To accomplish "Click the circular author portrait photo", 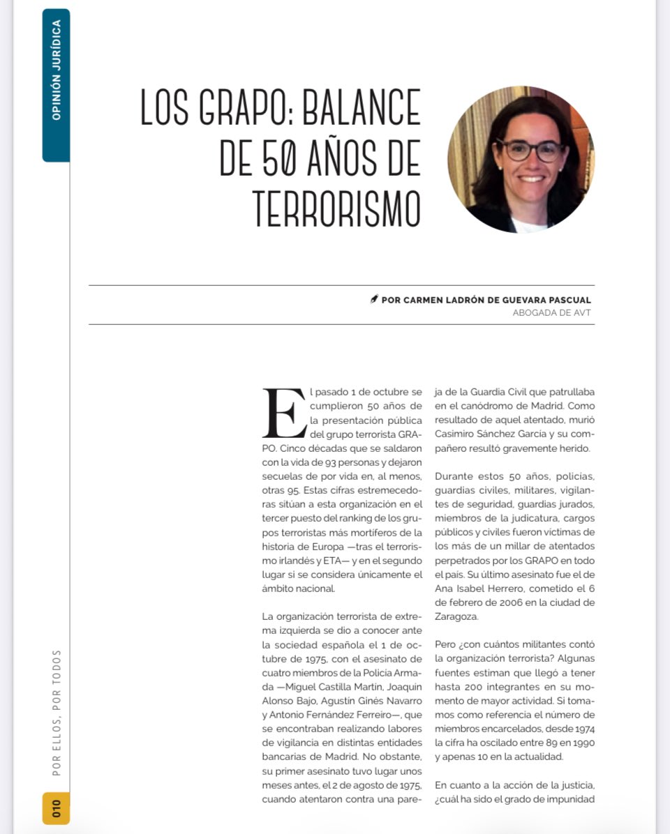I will click(x=521, y=160).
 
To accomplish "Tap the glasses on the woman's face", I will click(x=530, y=150).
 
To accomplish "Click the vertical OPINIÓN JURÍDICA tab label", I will click(x=57, y=70).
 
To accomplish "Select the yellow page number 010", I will click(x=56, y=808).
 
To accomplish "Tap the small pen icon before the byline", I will click(x=374, y=300).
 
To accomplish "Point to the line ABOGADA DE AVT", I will click(x=551, y=312).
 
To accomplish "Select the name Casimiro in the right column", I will click(x=456, y=434).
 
